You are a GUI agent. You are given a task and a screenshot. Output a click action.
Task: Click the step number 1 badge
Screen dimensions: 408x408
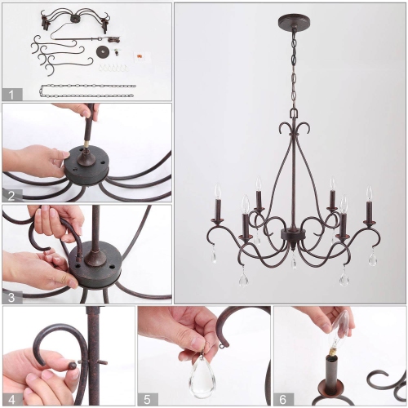coord(11,94)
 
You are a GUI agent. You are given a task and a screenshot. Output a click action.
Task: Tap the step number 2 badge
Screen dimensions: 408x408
coord(11,195)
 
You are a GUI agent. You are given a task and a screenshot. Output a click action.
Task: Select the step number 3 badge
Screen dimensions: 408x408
coord(11,297)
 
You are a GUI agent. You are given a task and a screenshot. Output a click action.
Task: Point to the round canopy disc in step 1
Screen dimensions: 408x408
coord(104,52)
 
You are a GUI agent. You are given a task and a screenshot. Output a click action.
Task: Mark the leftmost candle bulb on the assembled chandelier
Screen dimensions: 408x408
coord(218,193)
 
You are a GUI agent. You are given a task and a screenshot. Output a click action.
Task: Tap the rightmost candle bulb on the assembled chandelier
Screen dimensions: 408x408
coord(369,193)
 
